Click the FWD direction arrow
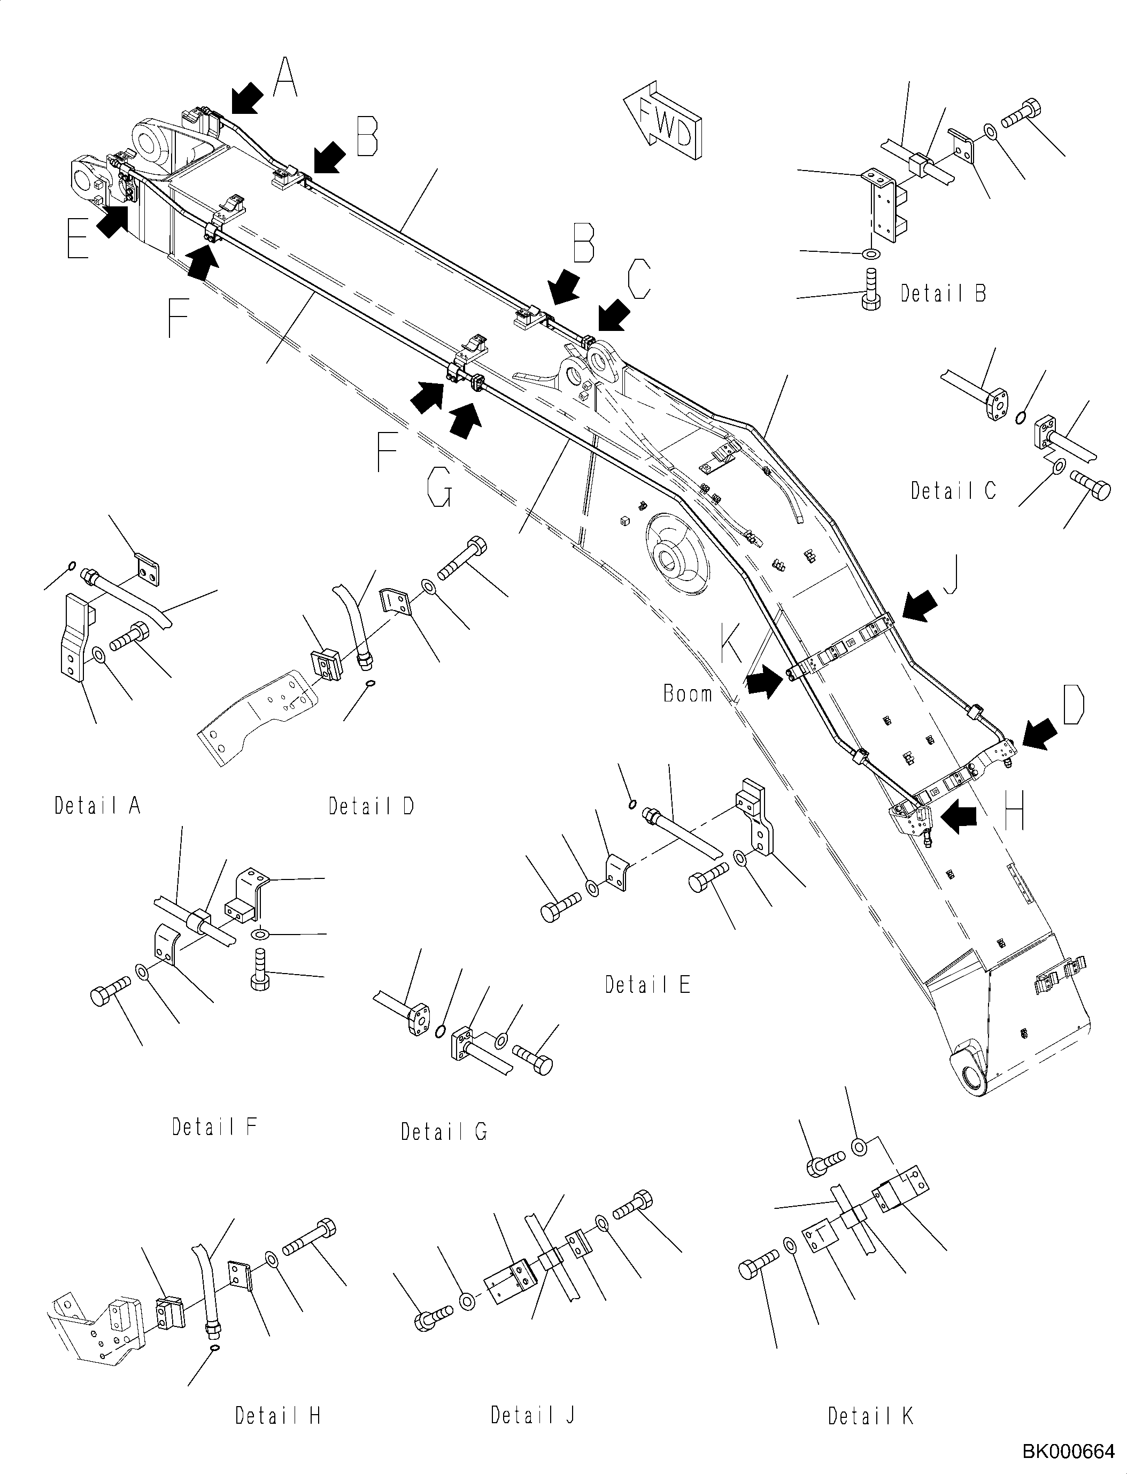point(665,123)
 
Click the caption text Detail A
point(98,805)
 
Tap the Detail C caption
point(953,491)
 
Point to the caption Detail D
point(371,806)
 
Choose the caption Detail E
point(647,985)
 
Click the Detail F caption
point(215,1127)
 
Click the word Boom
point(688,694)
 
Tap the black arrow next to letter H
point(960,819)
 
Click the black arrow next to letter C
point(613,316)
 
